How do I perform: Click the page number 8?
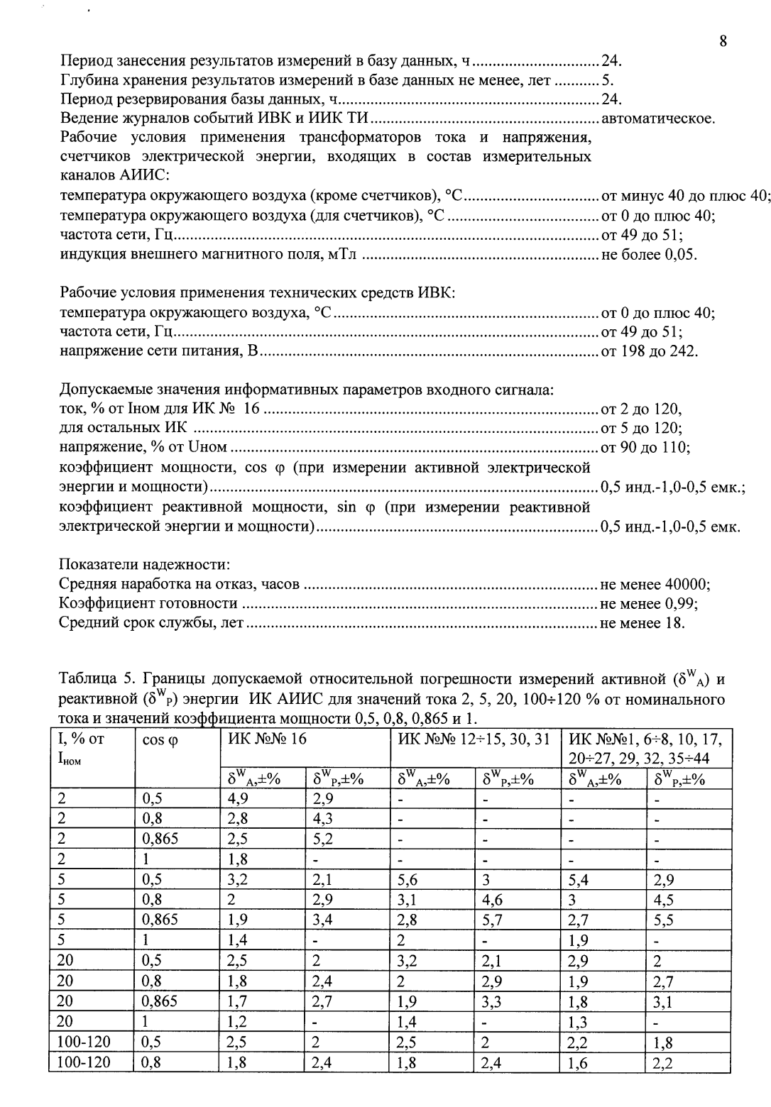click(x=723, y=41)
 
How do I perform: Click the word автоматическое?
click(x=657, y=118)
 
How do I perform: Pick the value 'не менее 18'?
click(x=642, y=623)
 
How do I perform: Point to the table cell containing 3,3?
click(x=493, y=1003)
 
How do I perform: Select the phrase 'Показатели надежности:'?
click(x=144, y=565)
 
